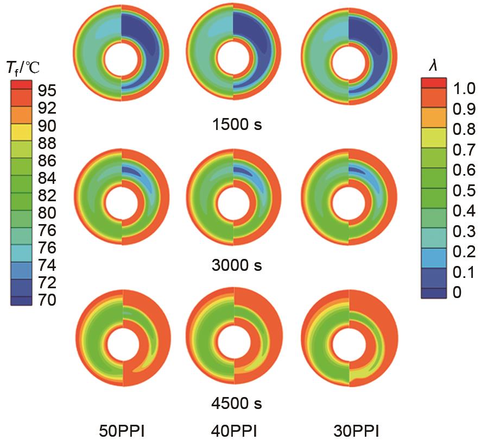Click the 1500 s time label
(x=237, y=125)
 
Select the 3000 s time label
(x=237, y=265)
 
